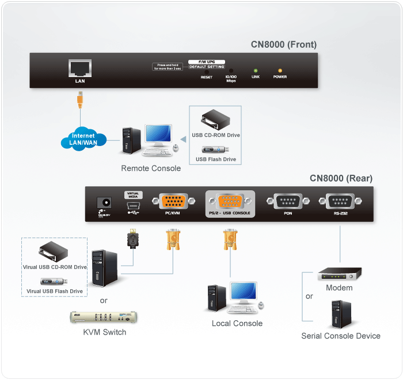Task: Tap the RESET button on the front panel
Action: pos(206,70)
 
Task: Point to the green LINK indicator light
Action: pos(256,70)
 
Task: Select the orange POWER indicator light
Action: pos(280,70)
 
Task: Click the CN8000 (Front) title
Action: pos(283,44)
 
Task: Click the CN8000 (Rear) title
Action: pos(341,178)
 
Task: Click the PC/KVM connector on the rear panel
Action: pos(171,202)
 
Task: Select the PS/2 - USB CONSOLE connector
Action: pos(229,202)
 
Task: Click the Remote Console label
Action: pos(151,168)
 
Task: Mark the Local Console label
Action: pos(237,323)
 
